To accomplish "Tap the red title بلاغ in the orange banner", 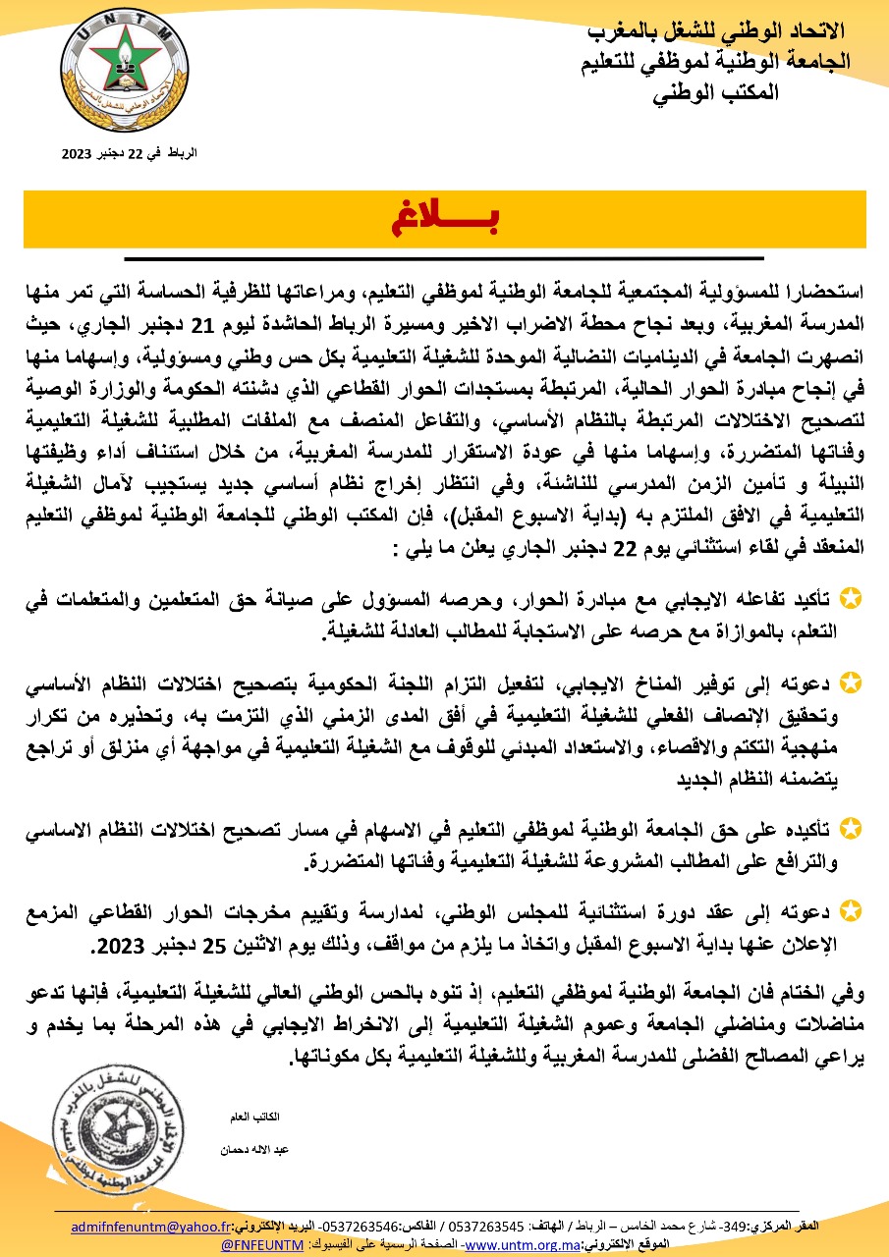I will (x=444, y=218).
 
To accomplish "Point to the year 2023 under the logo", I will (x=76, y=154).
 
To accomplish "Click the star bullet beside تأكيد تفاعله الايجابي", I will (x=854, y=596).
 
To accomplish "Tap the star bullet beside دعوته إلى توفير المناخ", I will (x=854, y=681).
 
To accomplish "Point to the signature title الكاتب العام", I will (x=259, y=1116).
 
